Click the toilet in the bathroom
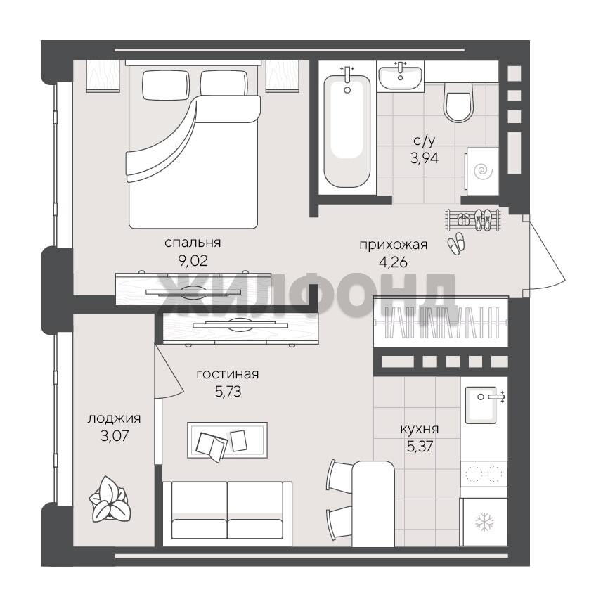click(458, 102)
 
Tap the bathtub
click(347, 132)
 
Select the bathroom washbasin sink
click(400, 77)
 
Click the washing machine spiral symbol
click(483, 172)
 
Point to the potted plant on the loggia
click(109, 499)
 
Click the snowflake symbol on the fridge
click(484, 522)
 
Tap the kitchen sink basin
click(481, 405)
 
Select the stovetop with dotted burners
click(484, 474)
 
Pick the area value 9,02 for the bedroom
click(193, 261)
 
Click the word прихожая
click(394, 245)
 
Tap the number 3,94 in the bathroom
click(425, 158)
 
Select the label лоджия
click(114, 418)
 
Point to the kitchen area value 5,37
click(420, 446)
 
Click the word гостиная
click(228, 374)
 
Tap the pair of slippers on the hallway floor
click(457, 244)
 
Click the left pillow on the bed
click(165, 85)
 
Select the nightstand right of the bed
click(283, 76)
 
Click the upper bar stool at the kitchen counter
click(339, 475)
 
